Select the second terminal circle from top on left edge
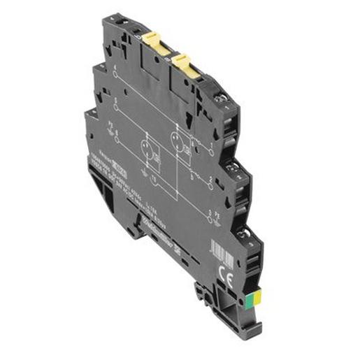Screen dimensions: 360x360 tap(115, 104)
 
